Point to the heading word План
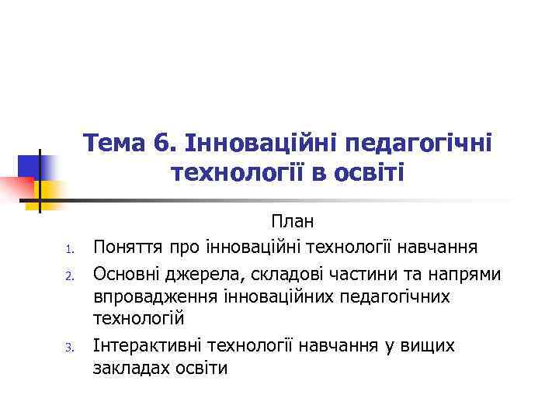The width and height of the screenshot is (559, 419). tap(292, 222)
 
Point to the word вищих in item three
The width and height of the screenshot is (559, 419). tap(427, 345)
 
